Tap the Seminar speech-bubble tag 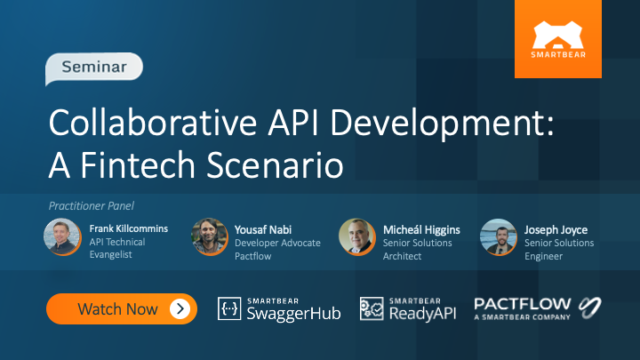92,67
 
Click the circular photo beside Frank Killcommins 62,237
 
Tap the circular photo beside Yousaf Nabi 210,237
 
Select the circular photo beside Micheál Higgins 356,237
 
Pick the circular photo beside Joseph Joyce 498,237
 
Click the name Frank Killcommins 128,229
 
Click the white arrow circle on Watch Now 180,308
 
